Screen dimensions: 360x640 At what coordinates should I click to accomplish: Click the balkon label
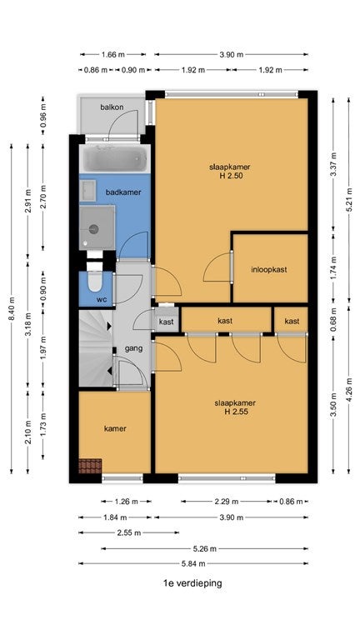point(112,107)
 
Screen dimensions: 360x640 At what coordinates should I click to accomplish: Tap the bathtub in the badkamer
point(115,159)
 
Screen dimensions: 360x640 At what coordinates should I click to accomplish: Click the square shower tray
point(97,227)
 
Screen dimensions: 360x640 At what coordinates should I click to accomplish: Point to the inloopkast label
point(269,269)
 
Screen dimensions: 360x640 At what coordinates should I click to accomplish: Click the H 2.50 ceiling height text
point(230,176)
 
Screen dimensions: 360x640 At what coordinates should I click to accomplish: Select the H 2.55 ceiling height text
point(236,412)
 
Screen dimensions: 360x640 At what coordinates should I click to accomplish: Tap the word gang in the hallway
point(134,348)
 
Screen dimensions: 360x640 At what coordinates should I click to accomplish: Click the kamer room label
point(115,428)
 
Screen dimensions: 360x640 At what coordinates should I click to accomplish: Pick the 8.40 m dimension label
point(12,309)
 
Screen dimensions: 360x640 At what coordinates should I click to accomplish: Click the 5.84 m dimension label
point(193,563)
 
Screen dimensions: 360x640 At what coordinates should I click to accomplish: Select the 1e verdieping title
point(192,582)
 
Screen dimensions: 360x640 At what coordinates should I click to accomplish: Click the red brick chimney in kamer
point(90,466)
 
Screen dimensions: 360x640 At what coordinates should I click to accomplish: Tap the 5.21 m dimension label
point(349,200)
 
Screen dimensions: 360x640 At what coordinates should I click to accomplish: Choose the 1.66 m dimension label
point(112,54)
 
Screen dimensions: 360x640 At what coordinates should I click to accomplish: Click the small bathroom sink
point(87,190)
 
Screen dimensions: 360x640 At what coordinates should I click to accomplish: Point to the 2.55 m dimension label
point(129,532)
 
